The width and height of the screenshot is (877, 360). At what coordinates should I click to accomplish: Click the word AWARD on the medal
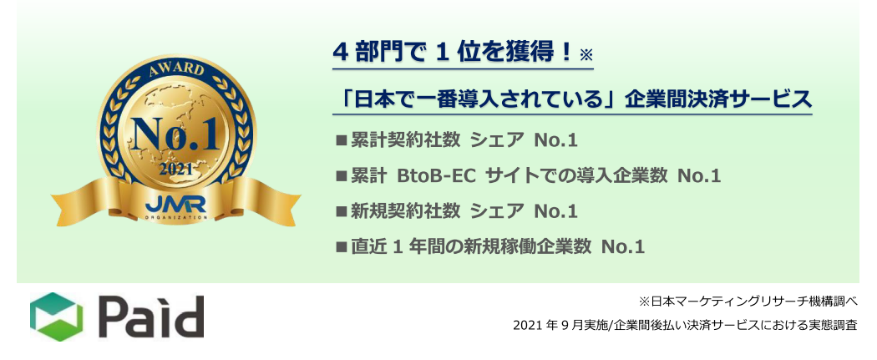point(177,70)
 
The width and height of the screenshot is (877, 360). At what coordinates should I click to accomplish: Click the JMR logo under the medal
point(177,204)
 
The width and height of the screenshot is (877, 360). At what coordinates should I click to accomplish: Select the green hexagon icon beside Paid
point(56,317)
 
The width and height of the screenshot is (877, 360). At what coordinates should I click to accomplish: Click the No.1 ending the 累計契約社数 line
point(556,141)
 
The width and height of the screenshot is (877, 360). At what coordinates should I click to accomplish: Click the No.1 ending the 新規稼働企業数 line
point(624,246)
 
